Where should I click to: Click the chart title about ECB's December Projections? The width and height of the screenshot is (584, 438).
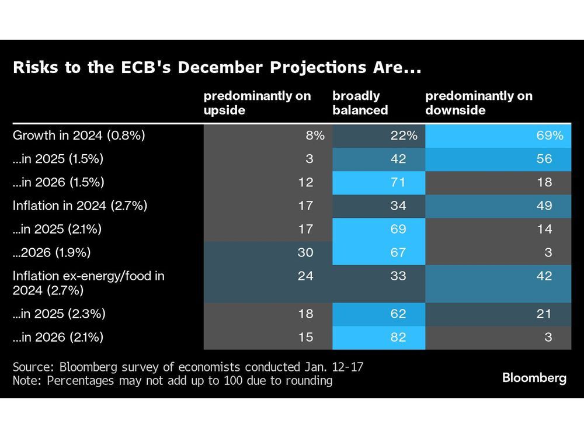pos(216,68)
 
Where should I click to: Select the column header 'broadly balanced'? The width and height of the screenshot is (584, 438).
pos(360,103)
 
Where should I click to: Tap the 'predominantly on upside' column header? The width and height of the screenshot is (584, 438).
pos(257,103)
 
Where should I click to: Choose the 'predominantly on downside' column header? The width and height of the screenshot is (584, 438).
pos(479,103)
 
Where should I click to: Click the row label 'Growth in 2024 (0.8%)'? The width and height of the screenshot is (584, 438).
pos(79,135)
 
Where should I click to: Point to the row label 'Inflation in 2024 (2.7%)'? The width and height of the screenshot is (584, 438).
pos(80,206)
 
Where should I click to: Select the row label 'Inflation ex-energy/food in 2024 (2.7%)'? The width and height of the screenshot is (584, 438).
pos(88,283)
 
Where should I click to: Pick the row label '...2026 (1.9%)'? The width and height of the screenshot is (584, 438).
pos(53,252)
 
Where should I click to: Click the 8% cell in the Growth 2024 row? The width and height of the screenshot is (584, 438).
pos(314,135)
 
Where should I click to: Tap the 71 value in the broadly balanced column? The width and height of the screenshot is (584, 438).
pos(398,182)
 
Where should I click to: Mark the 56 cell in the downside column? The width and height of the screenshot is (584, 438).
pos(544,159)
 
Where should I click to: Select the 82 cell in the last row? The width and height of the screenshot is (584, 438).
pos(398,337)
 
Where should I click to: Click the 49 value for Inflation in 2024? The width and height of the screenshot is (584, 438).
pos(544,206)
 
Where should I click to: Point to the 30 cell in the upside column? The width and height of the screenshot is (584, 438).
pos(305,252)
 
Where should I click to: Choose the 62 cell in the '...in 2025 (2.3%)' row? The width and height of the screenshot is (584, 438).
pos(398,314)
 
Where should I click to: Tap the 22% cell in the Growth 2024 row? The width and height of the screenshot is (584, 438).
pos(404,135)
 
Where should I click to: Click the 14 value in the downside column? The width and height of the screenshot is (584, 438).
pos(544,229)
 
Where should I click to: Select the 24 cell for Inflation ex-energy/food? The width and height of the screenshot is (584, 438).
pos(305,276)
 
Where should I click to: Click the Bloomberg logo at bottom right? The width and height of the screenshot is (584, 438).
pos(534,378)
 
